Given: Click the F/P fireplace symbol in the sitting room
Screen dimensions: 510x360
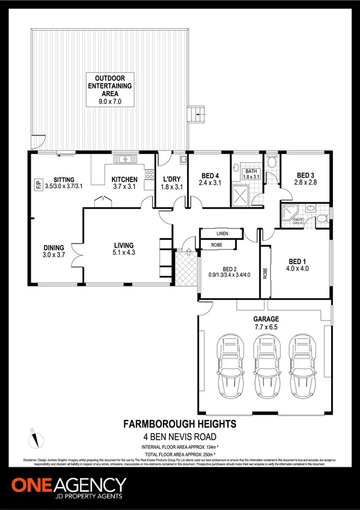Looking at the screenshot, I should point(37,183).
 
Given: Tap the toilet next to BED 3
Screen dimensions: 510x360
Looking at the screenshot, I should point(271,161).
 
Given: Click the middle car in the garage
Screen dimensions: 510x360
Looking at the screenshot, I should point(264,364).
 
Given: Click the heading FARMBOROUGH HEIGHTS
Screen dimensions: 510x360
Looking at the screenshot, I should point(180,424).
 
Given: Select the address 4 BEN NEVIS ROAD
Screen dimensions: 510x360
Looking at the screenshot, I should point(180,436).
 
